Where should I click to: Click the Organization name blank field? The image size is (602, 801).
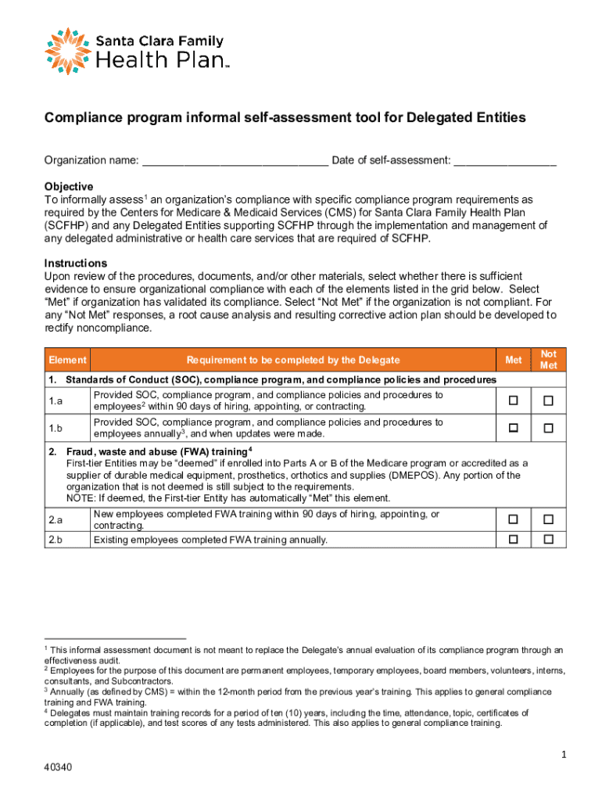(x=235, y=161)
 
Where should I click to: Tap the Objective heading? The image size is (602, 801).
(x=69, y=187)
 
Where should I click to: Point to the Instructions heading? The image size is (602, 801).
(x=76, y=263)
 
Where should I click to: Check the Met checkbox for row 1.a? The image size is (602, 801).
(x=514, y=400)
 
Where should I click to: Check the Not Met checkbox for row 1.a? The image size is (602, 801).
(x=548, y=400)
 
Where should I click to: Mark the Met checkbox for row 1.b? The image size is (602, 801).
(x=514, y=428)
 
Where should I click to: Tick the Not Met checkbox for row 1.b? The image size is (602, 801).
(x=548, y=428)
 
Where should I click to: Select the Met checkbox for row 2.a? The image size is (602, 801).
(x=514, y=519)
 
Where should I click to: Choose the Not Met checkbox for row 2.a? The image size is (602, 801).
(x=548, y=519)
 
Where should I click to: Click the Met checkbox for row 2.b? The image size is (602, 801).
(x=514, y=539)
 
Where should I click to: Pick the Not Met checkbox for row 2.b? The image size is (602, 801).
(x=548, y=539)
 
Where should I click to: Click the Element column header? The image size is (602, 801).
(x=67, y=360)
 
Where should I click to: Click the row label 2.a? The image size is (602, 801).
(x=56, y=519)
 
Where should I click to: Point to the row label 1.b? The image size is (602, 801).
(x=56, y=428)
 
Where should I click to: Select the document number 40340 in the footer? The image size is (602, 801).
(x=59, y=767)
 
